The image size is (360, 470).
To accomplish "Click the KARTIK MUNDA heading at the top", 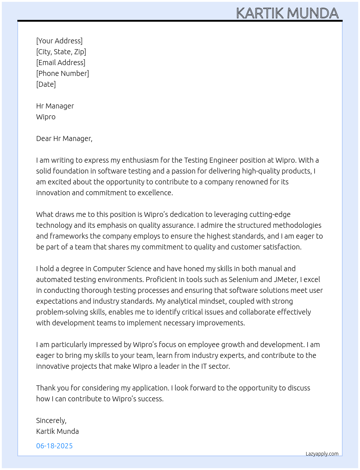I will tap(287, 13).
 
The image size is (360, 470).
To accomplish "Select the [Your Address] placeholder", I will tap(59, 41).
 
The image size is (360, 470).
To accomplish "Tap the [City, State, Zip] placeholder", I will tap(61, 52).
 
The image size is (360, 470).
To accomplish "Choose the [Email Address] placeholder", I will tap(61, 63).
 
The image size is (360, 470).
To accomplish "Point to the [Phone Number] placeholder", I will tap(63, 73).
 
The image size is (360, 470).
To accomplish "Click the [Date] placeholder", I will tap(46, 84).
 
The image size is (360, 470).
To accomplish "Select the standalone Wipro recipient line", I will tap(46, 117).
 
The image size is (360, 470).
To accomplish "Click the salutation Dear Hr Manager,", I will tap(64, 138).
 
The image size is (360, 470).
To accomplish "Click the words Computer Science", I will tap(122, 269).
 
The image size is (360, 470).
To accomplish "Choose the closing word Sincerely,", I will tap(51, 420).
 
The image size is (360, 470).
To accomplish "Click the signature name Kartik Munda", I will tap(57, 431).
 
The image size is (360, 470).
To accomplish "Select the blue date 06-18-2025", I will tap(55, 446).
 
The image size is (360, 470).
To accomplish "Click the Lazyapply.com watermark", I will tap(322, 454).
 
